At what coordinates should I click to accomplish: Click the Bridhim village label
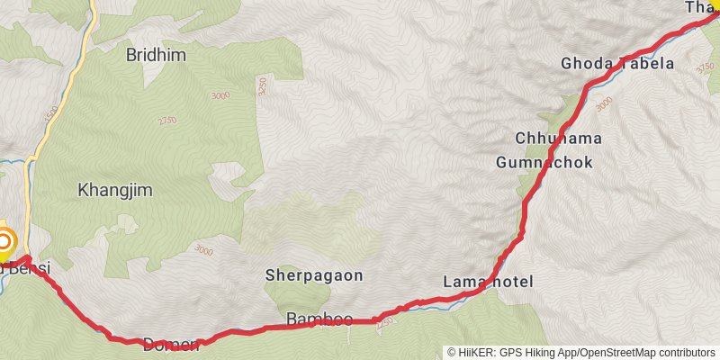pos(157,54)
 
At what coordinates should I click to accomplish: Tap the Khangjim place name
pos(110,190)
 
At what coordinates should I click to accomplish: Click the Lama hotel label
pos(488,282)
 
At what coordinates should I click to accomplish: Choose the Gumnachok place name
pos(544,163)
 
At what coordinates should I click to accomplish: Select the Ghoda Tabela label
pos(616,63)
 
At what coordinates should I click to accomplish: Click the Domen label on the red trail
pos(170,343)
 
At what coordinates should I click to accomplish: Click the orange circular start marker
pos(5,241)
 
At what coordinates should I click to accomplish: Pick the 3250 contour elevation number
pos(262,86)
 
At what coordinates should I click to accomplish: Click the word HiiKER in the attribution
pos(475,353)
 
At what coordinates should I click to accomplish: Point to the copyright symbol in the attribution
pos(452,353)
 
